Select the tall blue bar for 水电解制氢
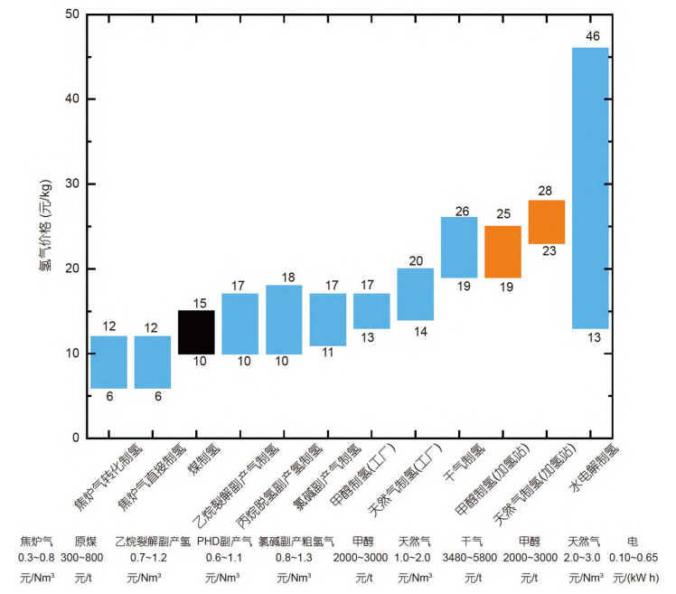590,187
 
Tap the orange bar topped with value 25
502,251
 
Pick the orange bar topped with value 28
547,222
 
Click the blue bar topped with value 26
459,247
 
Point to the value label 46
591,36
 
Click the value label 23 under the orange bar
548,252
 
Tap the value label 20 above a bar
415,260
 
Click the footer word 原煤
84,542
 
